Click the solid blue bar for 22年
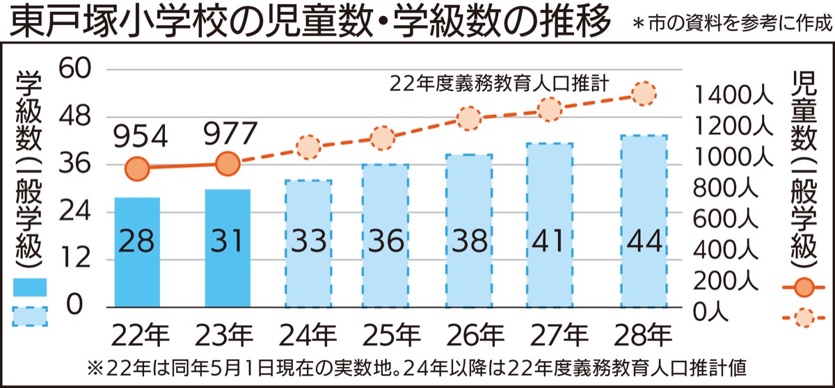click(x=137, y=252)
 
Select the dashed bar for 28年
click(x=644, y=221)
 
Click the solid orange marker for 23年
click(x=227, y=164)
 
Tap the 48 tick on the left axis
click(x=79, y=116)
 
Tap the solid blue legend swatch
click(x=29, y=286)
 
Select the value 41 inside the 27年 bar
click(x=549, y=241)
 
